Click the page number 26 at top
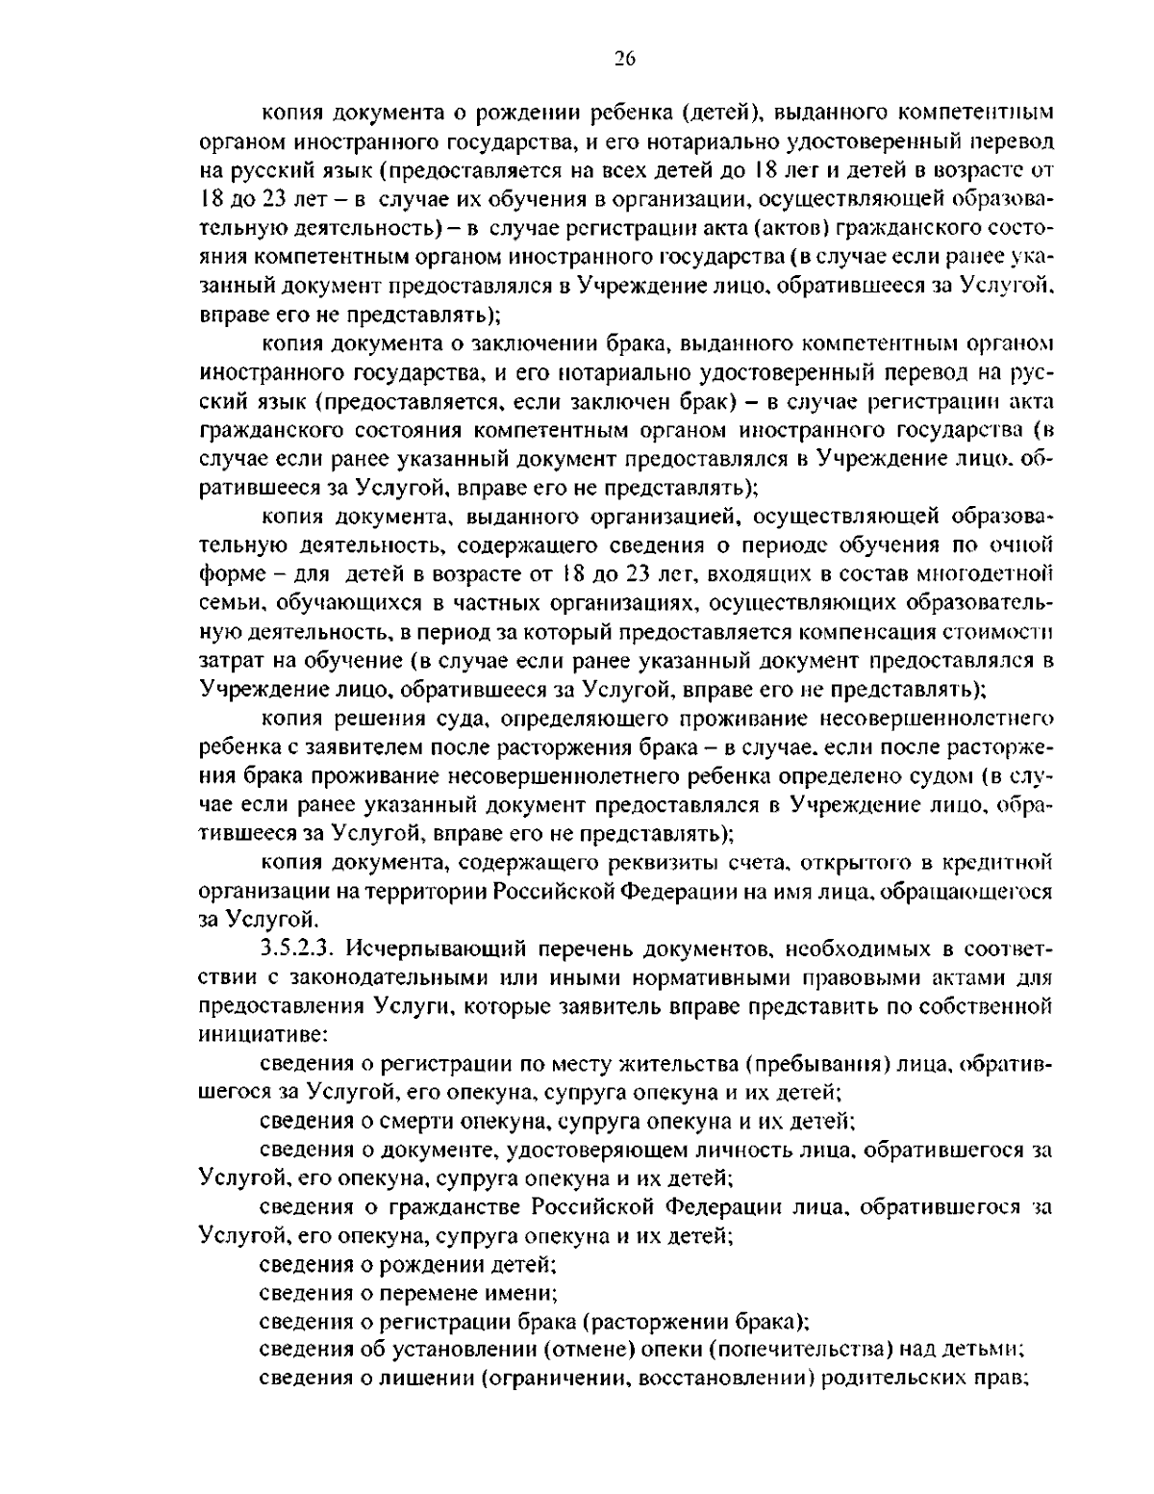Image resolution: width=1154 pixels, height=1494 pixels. pyautogui.click(x=624, y=59)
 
